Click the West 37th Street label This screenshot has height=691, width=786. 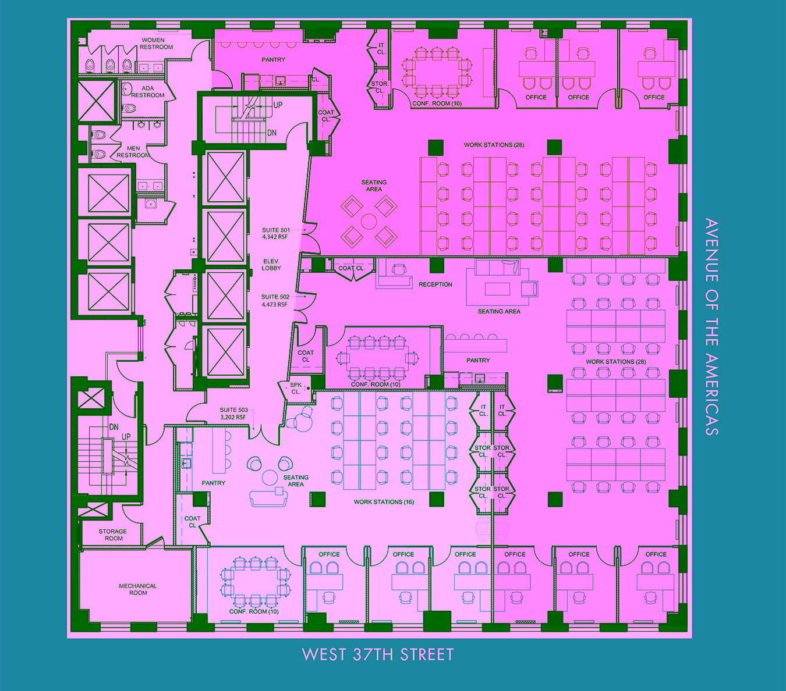pyautogui.click(x=377, y=654)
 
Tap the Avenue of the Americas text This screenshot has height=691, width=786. pyautogui.click(x=711, y=327)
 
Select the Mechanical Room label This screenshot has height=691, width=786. pyautogui.click(x=138, y=589)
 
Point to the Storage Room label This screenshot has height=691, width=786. pyautogui.click(x=113, y=535)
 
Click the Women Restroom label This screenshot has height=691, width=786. pyautogui.click(x=156, y=44)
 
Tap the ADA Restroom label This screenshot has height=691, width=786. pyautogui.click(x=148, y=91)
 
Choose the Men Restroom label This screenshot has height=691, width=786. pyautogui.click(x=133, y=152)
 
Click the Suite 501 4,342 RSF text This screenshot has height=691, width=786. pyautogui.click(x=276, y=233)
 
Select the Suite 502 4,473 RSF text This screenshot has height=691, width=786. pyautogui.click(x=275, y=301)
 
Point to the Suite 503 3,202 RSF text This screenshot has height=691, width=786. pyautogui.click(x=233, y=414)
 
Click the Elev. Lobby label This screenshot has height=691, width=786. pyautogui.click(x=271, y=265)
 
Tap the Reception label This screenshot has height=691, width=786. pyautogui.click(x=436, y=284)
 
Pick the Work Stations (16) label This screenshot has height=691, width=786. pyautogui.click(x=384, y=502)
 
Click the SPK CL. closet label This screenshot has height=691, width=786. pyautogui.click(x=296, y=389)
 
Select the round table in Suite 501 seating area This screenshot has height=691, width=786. pyautogui.click(x=369, y=222)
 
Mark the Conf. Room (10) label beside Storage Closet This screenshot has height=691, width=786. pyautogui.click(x=437, y=104)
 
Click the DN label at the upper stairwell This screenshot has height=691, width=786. pyautogui.click(x=271, y=133)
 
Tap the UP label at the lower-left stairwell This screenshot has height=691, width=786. pyautogui.click(x=126, y=437)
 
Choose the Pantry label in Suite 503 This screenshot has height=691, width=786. pyautogui.click(x=213, y=483)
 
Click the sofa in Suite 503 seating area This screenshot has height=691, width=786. pyautogui.click(x=268, y=499)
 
